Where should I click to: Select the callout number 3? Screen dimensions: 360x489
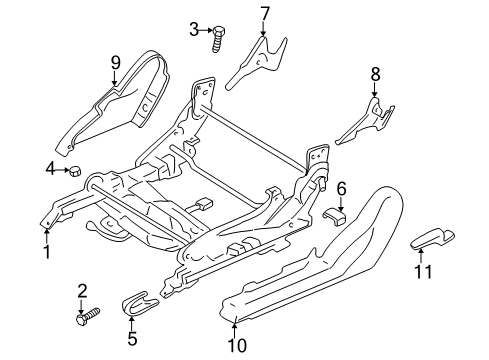click(x=194, y=28)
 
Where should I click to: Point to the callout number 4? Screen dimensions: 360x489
click(x=49, y=169)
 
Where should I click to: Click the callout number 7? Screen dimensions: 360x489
click(x=265, y=13)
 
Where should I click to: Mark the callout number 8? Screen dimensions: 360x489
click(x=376, y=73)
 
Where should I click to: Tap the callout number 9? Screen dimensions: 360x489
click(x=115, y=63)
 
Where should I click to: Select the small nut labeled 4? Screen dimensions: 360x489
click(x=74, y=171)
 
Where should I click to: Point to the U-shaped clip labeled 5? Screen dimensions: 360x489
click(x=138, y=297)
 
